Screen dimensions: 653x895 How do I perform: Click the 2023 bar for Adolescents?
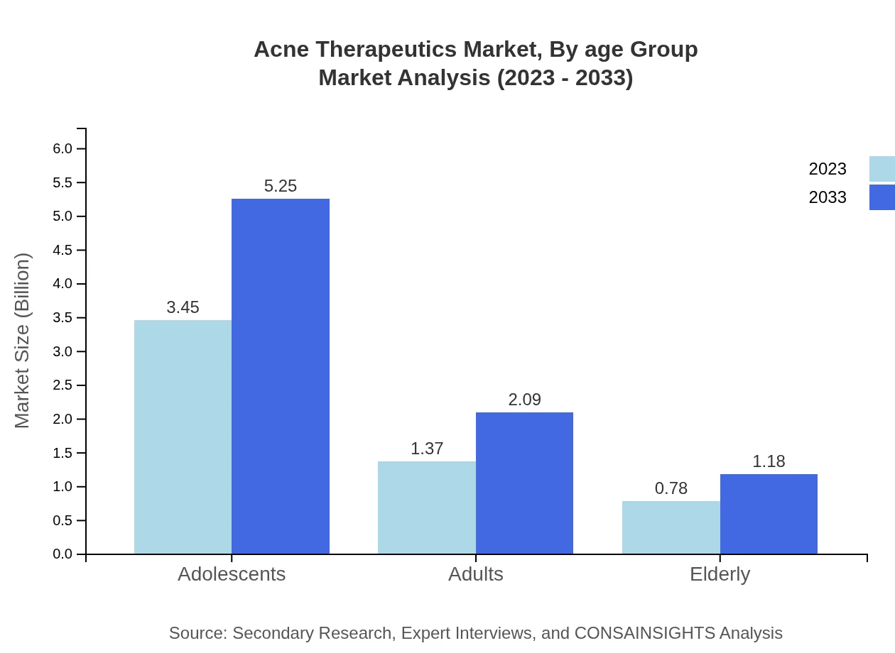183,437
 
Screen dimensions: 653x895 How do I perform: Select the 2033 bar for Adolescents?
281,376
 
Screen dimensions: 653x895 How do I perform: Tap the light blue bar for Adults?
426,507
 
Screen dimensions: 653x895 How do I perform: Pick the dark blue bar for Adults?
524,483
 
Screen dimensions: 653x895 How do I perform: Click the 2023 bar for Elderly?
671,527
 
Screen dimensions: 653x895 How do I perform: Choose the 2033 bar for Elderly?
769,514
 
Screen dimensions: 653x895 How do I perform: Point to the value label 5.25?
281,186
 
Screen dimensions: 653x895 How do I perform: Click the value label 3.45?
183,307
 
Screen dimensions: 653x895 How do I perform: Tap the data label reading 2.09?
524,400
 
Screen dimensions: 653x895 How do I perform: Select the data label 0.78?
671,488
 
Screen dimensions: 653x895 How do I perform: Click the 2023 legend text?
828,169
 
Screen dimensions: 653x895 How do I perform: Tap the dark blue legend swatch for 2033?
882,197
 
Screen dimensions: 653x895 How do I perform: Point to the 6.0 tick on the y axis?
63,148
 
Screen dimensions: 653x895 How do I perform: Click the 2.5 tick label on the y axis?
63,385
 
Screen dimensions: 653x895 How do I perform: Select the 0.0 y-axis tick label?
63,554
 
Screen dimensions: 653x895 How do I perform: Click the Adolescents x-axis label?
232,574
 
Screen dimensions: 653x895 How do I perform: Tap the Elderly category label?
720,574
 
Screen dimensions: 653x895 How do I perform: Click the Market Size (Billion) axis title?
22,341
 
